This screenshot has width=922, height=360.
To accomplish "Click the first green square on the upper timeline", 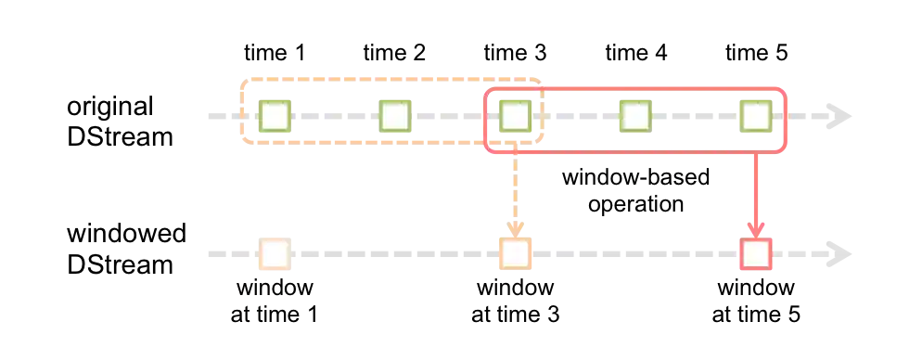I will [x=275, y=117].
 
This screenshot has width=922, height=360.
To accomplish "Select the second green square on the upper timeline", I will [x=395, y=117].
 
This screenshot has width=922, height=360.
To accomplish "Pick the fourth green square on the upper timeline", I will [x=634, y=117].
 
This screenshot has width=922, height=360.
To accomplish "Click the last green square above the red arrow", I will [x=756, y=117].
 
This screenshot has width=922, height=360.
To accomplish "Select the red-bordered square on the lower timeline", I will [x=756, y=253].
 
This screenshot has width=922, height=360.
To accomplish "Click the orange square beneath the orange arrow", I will [x=515, y=253].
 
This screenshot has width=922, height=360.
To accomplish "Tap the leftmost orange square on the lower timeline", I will [x=275, y=253].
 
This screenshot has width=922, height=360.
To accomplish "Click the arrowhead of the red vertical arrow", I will [x=756, y=228].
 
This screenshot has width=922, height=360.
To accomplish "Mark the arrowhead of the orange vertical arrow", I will [x=515, y=225].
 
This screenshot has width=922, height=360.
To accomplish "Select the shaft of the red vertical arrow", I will [x=756, y=186].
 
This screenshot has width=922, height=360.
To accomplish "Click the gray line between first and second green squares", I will [x=336, y=118].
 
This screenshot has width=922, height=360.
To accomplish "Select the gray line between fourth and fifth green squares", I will [x=696, y=118].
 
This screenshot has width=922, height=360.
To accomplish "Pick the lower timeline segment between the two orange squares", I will [x=394, y=253].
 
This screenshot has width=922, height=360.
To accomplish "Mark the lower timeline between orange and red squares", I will [x=635, y=253].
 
